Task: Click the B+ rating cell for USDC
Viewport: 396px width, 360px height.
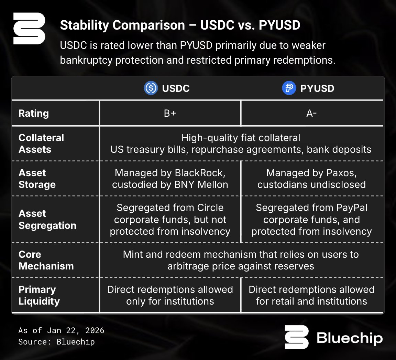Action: [x=170, y=113]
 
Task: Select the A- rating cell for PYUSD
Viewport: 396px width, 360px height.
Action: [x=311, y=113]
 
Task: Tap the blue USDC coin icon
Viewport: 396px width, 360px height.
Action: [x=151, y=88]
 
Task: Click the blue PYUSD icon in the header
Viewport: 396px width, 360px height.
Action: [x=289, y=88]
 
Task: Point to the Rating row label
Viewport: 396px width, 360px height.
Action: [x=34, y=113]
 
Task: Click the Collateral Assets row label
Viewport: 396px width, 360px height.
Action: [x=41, y=144]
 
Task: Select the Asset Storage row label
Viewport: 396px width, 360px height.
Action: [x=37, y=179]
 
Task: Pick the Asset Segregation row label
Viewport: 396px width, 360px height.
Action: [x=47, y=220]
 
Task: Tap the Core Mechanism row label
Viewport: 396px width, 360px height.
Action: [x=46, y=260]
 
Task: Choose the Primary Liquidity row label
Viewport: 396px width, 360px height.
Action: [x=39, y=295]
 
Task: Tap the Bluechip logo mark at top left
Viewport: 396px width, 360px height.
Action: [x=29, y=29]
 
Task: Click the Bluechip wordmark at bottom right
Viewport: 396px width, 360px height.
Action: [x=350, y=338]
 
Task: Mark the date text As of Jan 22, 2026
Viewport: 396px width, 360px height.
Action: [x=61, y=331]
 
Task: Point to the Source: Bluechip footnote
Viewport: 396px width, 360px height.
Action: [x=56, y=342]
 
